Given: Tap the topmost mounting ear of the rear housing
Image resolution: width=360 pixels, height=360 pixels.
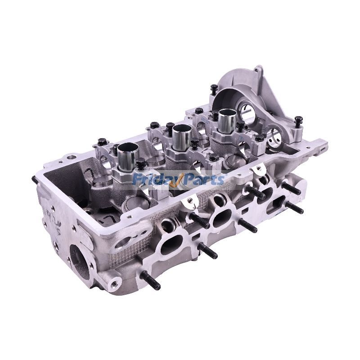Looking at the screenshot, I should tap(258, 70).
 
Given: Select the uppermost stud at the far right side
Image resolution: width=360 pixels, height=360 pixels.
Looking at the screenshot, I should tap(292, 189).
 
